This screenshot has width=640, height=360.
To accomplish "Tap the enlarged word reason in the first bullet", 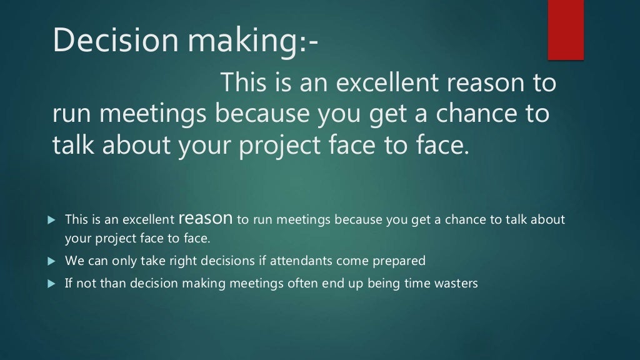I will pos(206,219).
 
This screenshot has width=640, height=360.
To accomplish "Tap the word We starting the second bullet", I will pos(73,260).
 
